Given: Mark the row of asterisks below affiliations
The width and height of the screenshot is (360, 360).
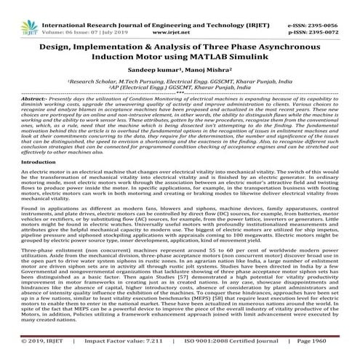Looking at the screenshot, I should pos(180,90).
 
